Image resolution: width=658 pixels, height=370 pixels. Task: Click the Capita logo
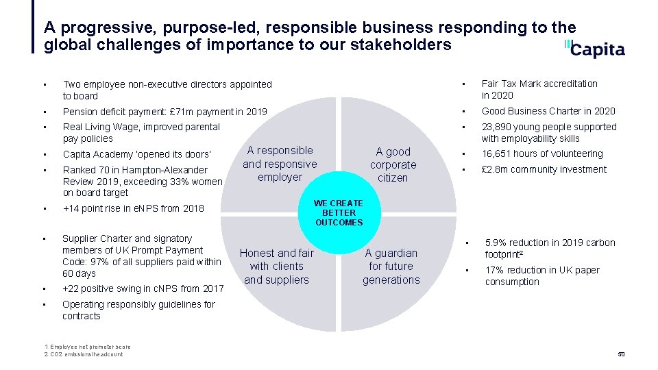pos(595,49)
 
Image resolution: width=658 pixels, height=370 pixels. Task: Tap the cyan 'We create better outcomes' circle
pos(339,212)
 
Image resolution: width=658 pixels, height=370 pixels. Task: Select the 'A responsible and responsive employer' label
pos(280,164)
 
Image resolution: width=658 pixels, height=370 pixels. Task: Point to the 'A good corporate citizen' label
pos(393,164)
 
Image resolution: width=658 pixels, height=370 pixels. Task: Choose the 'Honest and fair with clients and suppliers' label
pos(276,266)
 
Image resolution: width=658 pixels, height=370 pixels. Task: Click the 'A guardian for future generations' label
pos(391,266)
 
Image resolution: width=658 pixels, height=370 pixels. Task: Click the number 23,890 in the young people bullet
pos(498,127)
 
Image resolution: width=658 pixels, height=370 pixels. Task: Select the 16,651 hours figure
pos(498,153)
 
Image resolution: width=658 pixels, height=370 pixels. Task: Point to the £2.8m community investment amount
pos(495,169)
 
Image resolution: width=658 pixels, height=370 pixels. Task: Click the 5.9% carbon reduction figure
pos(497,243)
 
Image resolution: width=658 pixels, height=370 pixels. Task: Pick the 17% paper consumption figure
pos(495,270)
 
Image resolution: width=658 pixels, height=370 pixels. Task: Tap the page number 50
pos(621,354)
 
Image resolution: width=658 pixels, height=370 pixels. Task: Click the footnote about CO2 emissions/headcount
pos(83,354)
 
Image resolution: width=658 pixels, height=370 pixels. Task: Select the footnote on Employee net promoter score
pos(86,347)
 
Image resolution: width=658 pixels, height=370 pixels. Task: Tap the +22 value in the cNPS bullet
pos(71,288)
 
